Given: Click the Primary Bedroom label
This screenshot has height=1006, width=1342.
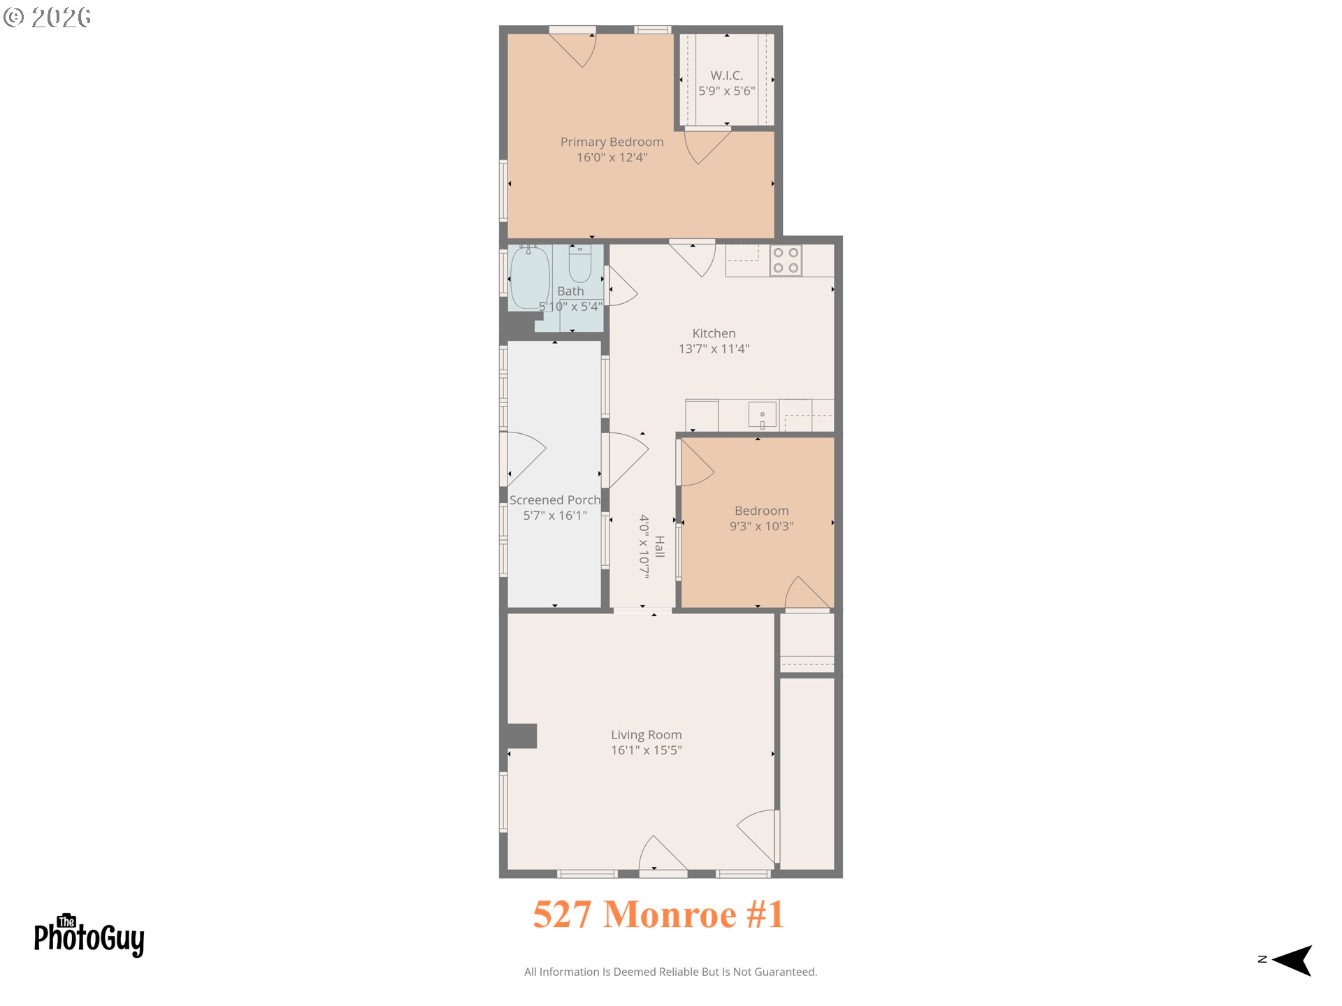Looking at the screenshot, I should pos(612,142).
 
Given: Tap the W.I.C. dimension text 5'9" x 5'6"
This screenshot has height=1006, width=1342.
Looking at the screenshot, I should pos(726,91).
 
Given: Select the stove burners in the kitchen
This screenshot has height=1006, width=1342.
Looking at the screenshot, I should pos(786,261).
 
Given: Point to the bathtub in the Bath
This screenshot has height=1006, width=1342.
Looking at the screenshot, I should pos(530,278).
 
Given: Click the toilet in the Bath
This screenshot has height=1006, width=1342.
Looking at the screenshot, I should pos(579,263).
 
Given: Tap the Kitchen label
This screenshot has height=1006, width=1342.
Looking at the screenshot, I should pos(714,333).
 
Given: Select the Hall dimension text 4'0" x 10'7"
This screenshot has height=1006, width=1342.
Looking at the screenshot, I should pos(644,546).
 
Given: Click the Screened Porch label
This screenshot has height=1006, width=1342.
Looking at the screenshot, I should pos(555,500).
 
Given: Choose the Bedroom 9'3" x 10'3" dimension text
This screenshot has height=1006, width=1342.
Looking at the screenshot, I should pos(761,526).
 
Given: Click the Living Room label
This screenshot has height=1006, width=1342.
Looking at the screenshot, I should pos(646,735).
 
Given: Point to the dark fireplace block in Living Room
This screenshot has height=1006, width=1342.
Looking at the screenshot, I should pos(521,736).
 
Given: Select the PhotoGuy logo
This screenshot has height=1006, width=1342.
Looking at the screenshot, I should pos(89,936).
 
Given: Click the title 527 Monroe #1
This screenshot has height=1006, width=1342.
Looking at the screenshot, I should pos(658,914).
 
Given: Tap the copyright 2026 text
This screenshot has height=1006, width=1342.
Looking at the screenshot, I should pos(48,17).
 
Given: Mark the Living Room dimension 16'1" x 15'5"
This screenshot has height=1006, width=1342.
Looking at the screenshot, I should pos(646,750).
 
